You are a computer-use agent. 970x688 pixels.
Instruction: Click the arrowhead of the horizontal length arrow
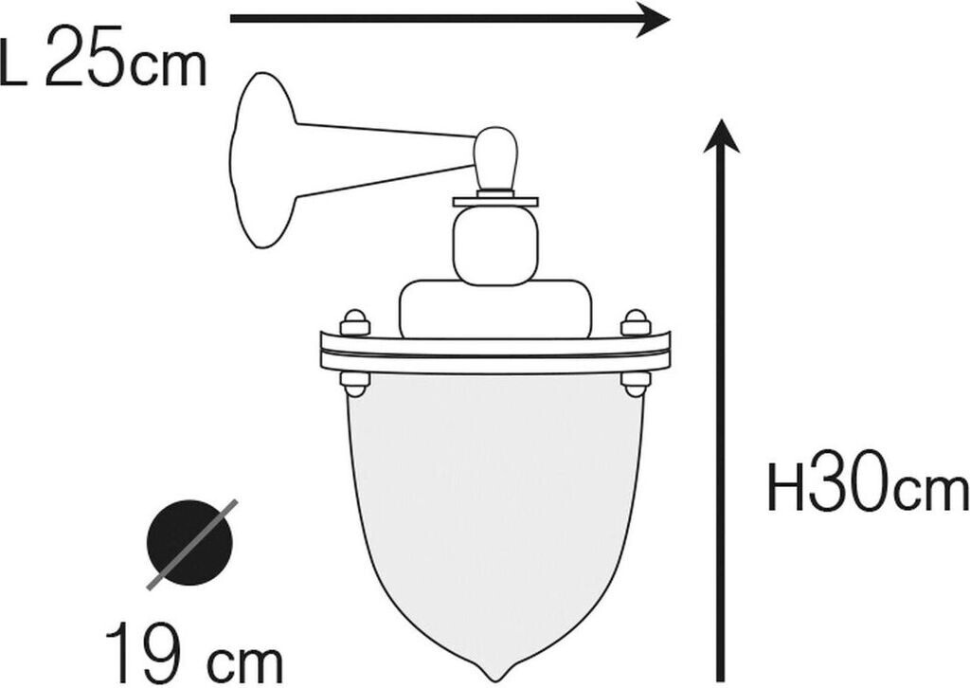(x=654, y=19)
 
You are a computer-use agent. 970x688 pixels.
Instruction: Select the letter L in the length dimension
(x=13, y=64)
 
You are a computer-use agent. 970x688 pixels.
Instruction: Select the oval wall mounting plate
(x=262, y=160)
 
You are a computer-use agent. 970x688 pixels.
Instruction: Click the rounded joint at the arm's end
(x=495, y=157)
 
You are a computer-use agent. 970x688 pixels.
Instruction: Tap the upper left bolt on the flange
(x=355, y=322)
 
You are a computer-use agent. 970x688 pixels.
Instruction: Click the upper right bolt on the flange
(x=636, y=322)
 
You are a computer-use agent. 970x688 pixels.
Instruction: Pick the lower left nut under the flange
(x=355, y=383)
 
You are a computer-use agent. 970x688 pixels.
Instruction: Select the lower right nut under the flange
(x=636, y=383)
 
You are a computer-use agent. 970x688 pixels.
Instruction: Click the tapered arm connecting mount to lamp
(x=384, y=159)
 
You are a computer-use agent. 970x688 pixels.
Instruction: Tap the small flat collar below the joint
(x=495, y=201)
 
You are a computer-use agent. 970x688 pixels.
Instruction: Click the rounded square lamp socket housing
(x=495, y=244)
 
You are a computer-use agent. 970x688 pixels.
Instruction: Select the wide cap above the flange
(x=495, y=308)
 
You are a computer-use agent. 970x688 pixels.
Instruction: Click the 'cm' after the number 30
(x=932, y=493)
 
